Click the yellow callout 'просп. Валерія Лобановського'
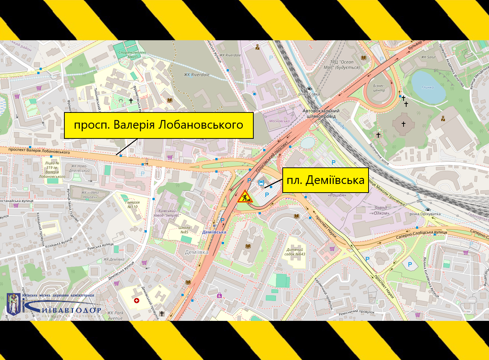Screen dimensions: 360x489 click(x=158, y=125)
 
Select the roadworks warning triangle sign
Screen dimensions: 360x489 click(x=245, y=197)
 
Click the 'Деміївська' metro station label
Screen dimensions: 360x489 click(x=214, y=232)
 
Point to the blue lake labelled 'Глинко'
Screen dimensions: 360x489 click(x=428, y=87)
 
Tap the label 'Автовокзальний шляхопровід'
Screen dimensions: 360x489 click(x=321, y=114)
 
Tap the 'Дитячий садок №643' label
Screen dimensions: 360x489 click(x=295, y=252)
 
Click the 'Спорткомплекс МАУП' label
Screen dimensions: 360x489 click(x=132, y=55)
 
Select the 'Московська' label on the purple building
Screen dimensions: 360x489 click(x=279, y=121)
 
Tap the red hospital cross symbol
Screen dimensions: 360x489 click(x=137, y=301)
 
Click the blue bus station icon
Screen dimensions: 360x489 click(x=261, y=183)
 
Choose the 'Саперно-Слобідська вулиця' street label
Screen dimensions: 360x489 click(x=421, y=235)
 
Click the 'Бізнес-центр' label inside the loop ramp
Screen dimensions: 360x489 click(x=379, y=88)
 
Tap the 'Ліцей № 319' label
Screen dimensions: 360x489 click(x=52, y=169)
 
